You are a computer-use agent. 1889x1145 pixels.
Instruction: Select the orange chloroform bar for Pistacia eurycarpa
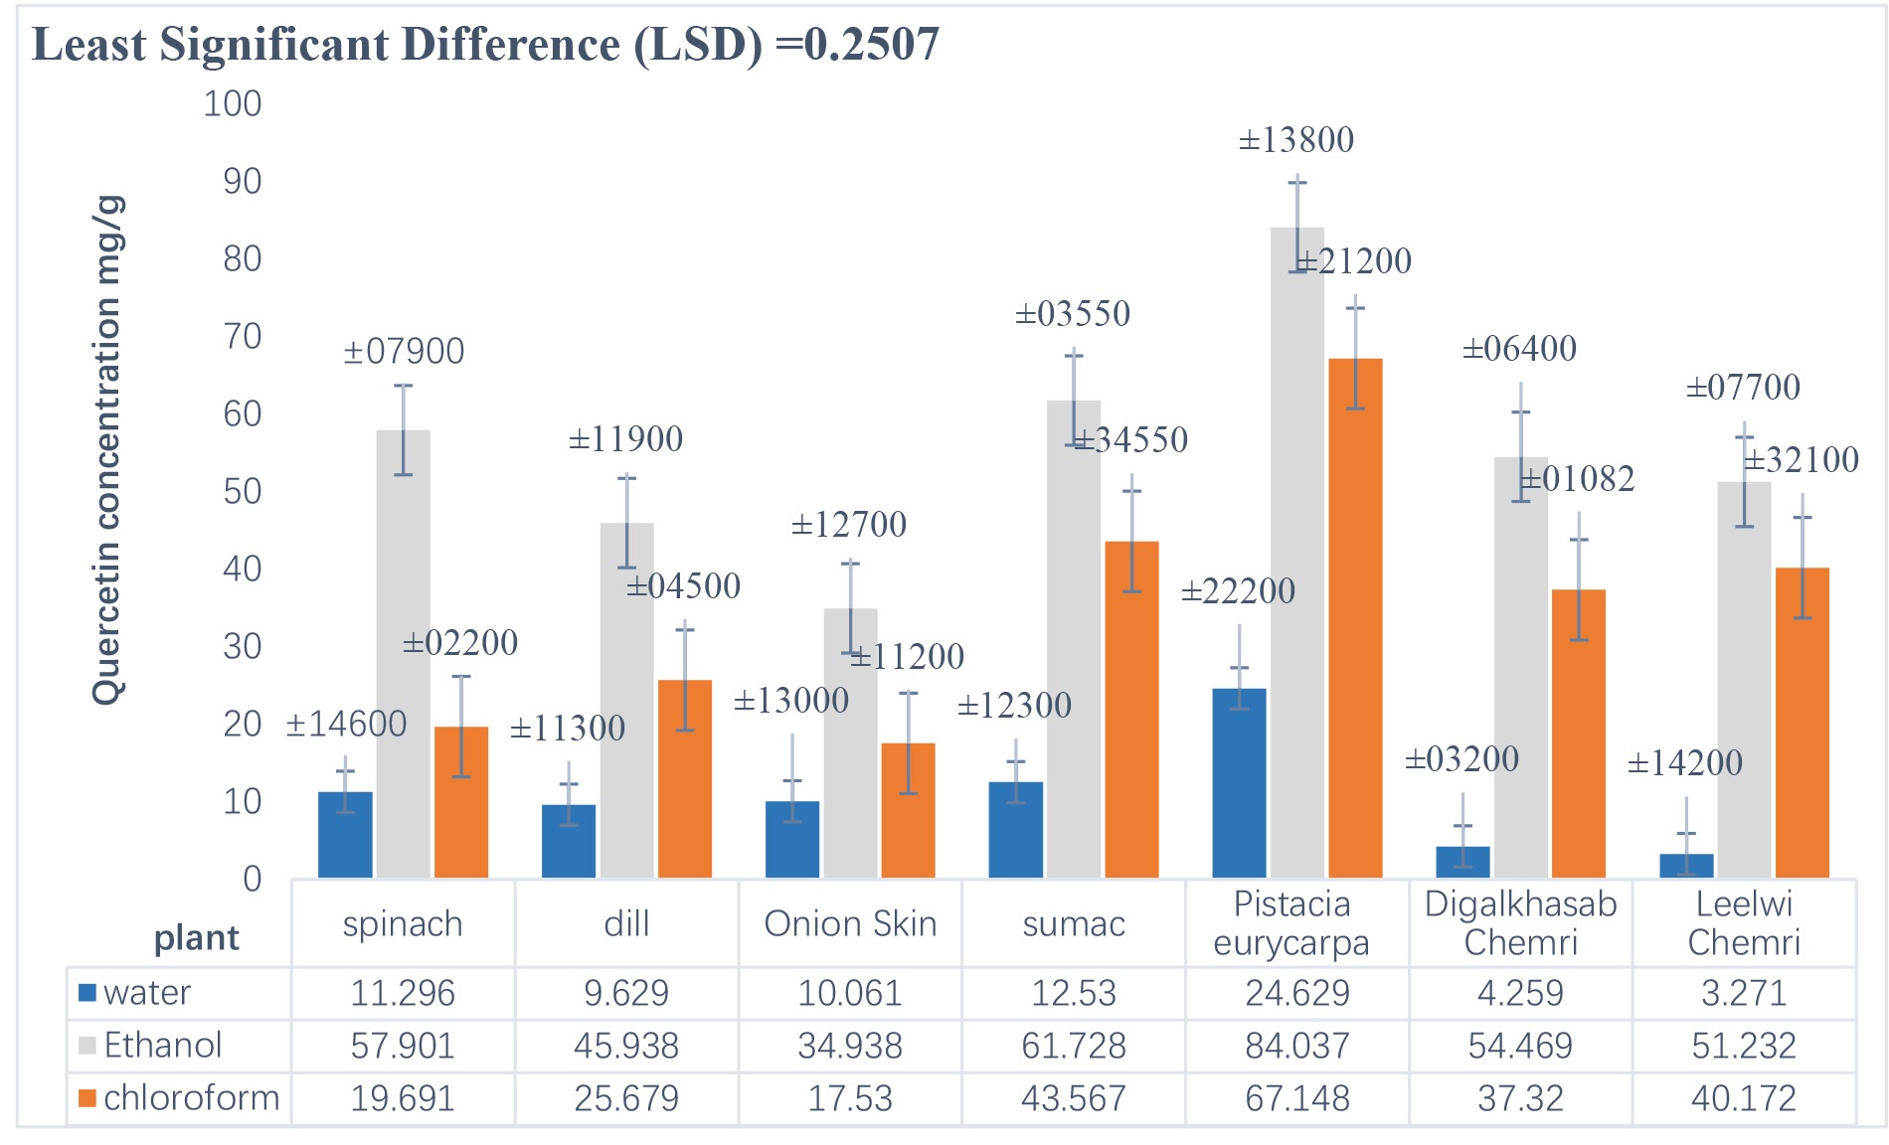pos(1355,617)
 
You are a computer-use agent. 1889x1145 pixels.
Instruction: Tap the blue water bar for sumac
pos(1016,830)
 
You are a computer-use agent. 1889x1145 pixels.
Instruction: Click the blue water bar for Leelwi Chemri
pos(1686,866)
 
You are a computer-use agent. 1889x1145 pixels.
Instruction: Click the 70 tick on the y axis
pos(242,337)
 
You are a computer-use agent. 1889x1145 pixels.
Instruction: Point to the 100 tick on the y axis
pos(233,104)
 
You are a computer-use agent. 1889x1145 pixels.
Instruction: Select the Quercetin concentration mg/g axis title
pos(107,450)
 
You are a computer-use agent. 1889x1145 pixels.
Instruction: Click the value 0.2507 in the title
pos(871,45)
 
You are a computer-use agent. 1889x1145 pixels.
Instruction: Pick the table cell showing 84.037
pos(1296,1046)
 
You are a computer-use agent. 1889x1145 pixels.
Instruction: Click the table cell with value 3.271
pos(1744,993)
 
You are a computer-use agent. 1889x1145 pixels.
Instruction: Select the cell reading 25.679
pos(626,1098)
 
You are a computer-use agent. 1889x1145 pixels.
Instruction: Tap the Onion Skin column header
pos(850,924)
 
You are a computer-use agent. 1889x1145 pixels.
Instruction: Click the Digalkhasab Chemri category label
pos(1520,922)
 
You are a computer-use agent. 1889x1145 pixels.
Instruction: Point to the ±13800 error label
pos(1295,140)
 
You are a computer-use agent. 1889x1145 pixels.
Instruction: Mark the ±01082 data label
pos(1578,479)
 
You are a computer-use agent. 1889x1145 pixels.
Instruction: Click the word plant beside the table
pos(196,938)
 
